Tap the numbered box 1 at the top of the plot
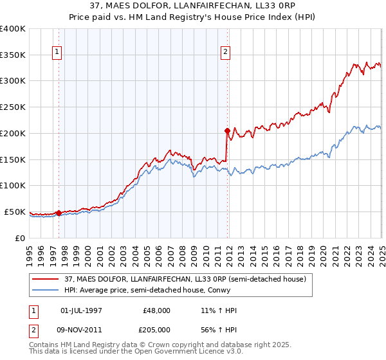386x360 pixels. pos(57,53)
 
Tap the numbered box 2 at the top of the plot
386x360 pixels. pos(226,53)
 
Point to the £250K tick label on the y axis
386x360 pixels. pos(13,107)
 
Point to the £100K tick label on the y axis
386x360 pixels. pos(13,186)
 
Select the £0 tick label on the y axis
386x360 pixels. pos(19,238)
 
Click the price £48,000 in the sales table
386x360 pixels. pos(157,310)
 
